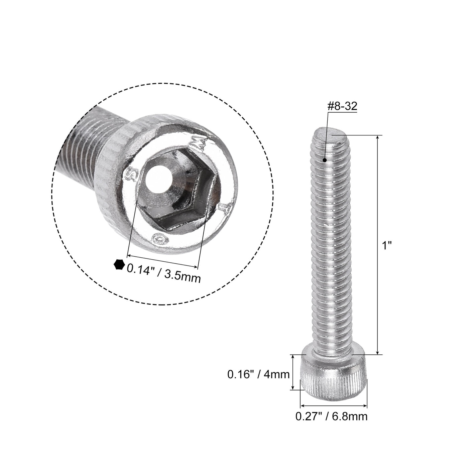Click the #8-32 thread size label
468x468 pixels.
pyautogui.click(x=342, y=106)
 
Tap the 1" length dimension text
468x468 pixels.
pyautogui.click(x=387, y=246)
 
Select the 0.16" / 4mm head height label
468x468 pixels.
pyautogui.click(x=258, y=374)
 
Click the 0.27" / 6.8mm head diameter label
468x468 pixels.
pyautogui.click(x=331, y=417)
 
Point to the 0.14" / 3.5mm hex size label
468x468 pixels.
pyautogui.click(x=163, y=272)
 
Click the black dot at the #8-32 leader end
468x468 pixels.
pyautogui.click(x=325, y=160)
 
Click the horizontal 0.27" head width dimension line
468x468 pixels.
pyautogui.click(x=334, y=406)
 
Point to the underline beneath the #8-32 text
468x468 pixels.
pyautogui.click(x=343, y=112)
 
